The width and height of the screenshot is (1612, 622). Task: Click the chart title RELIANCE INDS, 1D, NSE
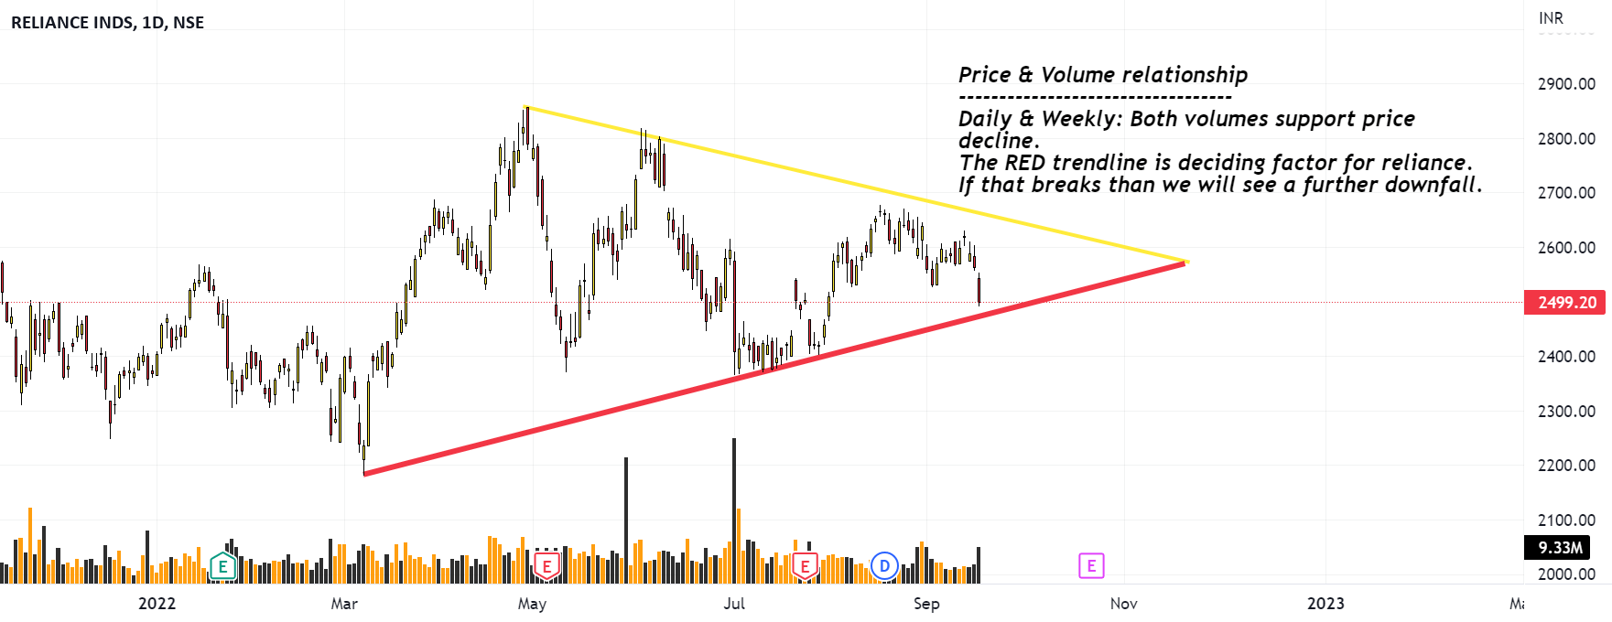pyautogui.click(x=107, y=23)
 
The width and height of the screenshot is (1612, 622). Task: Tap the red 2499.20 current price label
pyautogui.click(x=1565, y=303)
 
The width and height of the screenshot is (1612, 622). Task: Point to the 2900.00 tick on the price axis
pyautogui.click(x=1566, y=84)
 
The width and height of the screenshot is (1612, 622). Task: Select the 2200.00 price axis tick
pyautogui.click(x=1566, y=466)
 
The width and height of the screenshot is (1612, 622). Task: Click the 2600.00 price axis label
pyautogui.click(x=1566, y=248)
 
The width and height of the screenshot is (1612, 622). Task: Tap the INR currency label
pyautogui.click(x=1551, y=18)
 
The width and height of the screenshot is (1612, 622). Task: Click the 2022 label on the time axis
pyautogui.click(x=157, y=604)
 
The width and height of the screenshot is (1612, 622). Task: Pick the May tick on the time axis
pyautogui.click(x=532, y=604)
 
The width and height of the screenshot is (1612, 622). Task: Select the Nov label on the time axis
pyautogui.click(x=1123, y=604)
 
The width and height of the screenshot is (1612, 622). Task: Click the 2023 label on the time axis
pyautogui.click(x=1325, y=604)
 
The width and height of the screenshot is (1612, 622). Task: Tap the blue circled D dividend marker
pyautogui.click(x=884, y=566)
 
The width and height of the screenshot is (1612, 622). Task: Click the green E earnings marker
pyautogui.click(x=222, y=567)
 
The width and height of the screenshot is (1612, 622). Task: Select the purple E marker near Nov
pyautogui.click(x=1091, y=566)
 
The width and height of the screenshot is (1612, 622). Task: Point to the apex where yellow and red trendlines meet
pyautogui.click(x=1185, y=263)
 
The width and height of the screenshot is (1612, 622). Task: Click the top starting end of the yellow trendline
pyautogui.click(x=525, y=108)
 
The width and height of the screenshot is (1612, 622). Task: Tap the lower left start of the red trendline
pyautogui.click(x=364, y=473)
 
